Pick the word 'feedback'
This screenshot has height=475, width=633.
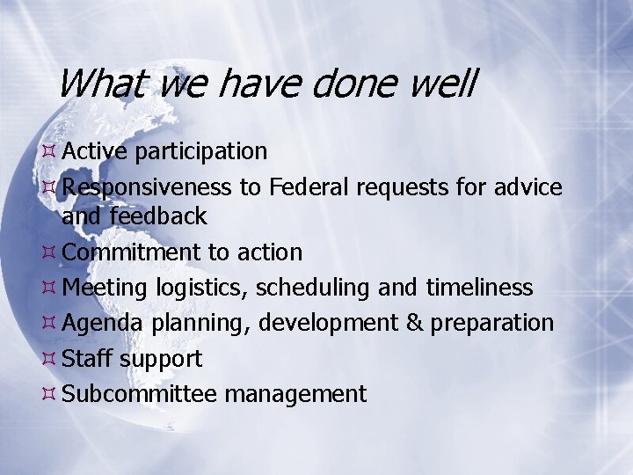pyautogui.click(x=158, y=216)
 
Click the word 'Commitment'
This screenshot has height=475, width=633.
pyautogui.click(x=132, y=252)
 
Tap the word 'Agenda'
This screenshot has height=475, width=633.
pyautogui.click(x=103, y=324)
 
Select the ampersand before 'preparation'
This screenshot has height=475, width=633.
pyautogui.click(x=414, y=323)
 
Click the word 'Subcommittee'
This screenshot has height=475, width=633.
pyautogui.click(x=140, y=394)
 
